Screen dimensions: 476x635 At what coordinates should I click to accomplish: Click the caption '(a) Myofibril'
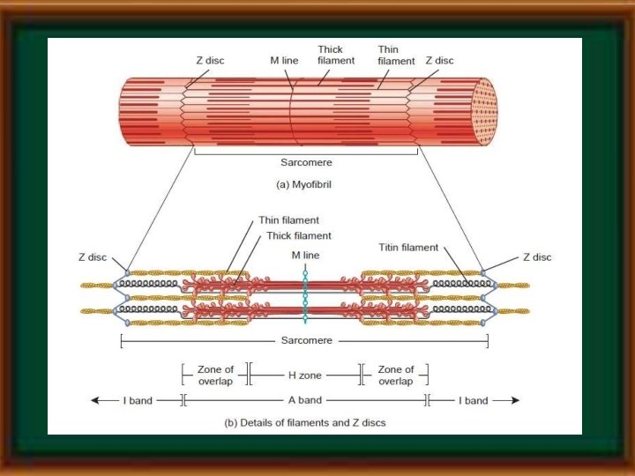click(304, 185)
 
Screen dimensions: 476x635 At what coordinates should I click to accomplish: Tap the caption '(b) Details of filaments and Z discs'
click(304, 423)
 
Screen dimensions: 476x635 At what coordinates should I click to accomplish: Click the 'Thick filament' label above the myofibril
click(336, 55)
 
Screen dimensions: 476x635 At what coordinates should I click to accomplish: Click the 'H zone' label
click(305, 376)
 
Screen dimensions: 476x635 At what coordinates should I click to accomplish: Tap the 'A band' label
click(304, 400)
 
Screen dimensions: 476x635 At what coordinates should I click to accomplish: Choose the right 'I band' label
click(474, 400)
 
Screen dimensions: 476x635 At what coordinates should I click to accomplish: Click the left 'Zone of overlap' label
click(215, 376)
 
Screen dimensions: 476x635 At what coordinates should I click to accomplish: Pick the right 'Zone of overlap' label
click(396, 376)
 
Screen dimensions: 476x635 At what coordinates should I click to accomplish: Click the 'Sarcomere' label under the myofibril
click(304, 163)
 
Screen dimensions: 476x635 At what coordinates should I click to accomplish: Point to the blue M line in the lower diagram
click(304, 295)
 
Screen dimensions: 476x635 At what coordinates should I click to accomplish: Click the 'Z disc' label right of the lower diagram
click(537, 257)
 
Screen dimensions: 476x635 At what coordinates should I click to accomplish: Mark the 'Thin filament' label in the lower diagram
click(288, 220)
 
